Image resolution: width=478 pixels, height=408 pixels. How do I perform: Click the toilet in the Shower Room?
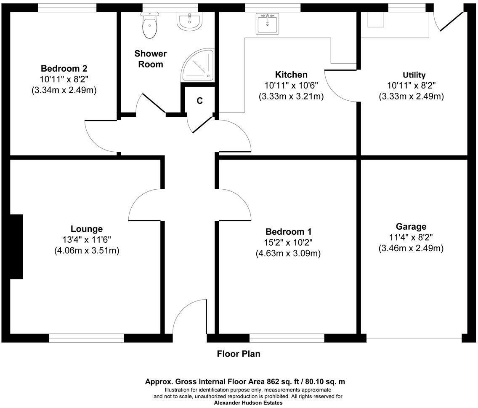(150, 25)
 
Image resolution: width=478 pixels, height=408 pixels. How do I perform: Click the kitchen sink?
(267, 24)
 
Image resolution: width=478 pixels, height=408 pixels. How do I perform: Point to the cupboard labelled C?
(200, 101)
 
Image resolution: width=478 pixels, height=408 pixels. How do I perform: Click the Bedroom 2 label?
(64, 68)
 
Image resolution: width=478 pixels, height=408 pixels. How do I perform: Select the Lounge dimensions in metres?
(87, 251)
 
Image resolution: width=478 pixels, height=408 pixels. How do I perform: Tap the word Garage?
(411, 226)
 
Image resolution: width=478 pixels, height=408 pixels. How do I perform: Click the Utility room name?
(414, 75)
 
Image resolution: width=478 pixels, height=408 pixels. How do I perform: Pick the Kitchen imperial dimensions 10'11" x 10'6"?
(291, 86)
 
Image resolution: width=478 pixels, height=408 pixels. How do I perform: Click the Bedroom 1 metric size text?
(288, 254)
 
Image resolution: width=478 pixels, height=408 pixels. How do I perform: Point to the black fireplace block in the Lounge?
(16, 247)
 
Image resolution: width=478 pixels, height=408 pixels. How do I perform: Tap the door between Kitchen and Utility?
(341, 86)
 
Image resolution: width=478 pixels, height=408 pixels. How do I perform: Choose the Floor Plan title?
(239, 354)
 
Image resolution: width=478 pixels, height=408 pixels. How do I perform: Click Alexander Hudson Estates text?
(248, 403)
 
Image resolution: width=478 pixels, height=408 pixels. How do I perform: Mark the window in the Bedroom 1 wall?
(287, 338)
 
